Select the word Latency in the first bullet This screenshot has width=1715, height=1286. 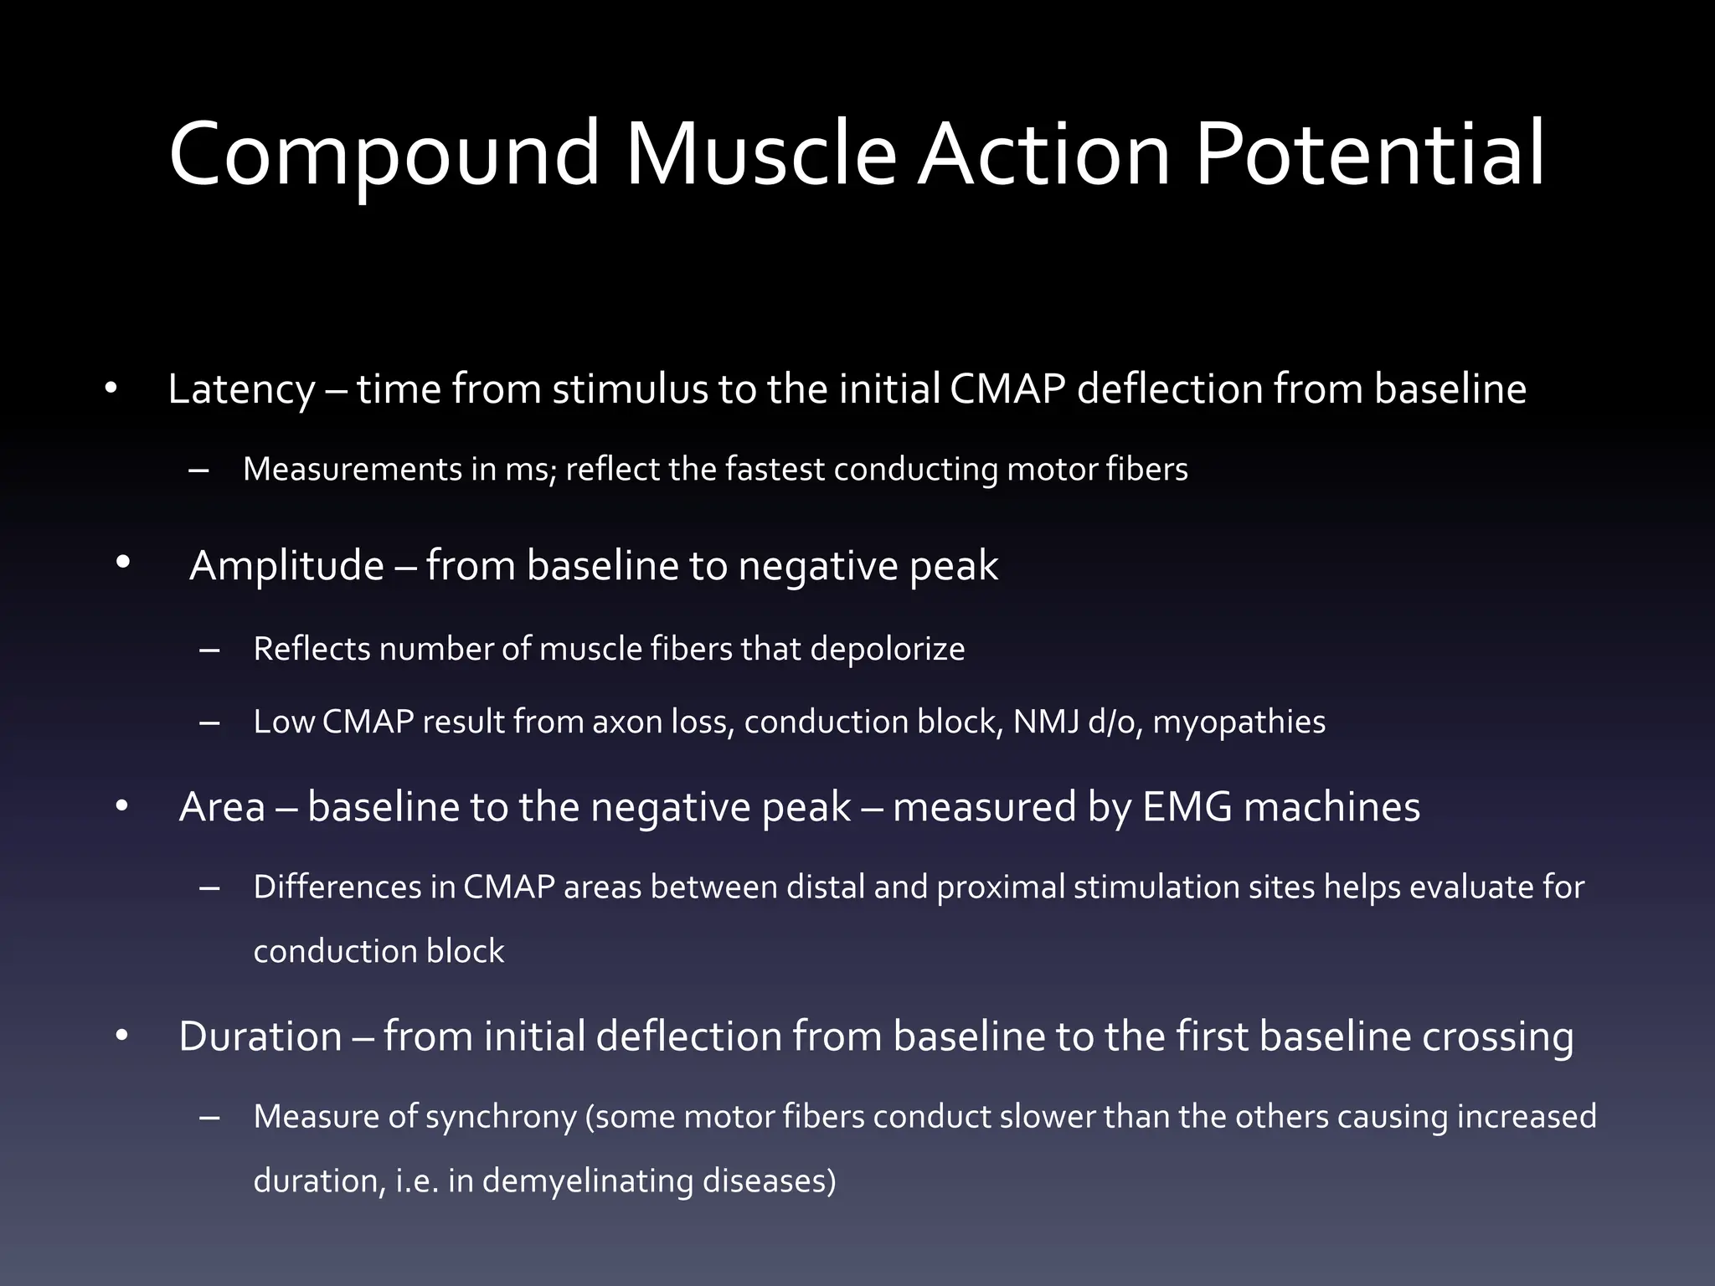tap(241, 389)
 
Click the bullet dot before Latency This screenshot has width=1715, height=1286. tap(111, 388)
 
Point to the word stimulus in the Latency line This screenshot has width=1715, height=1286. tap(630, 389)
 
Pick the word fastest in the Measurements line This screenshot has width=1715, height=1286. tap(775, 470)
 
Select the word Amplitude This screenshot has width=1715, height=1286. tap(286, 566)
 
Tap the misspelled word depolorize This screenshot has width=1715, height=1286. tap(888, 650)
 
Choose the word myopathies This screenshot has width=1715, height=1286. tap(1239, 723)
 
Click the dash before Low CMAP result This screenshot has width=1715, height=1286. tap(209, 723)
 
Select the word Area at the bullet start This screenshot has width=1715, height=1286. tap(222, 808)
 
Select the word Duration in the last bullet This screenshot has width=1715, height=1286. tap(260, 1037)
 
